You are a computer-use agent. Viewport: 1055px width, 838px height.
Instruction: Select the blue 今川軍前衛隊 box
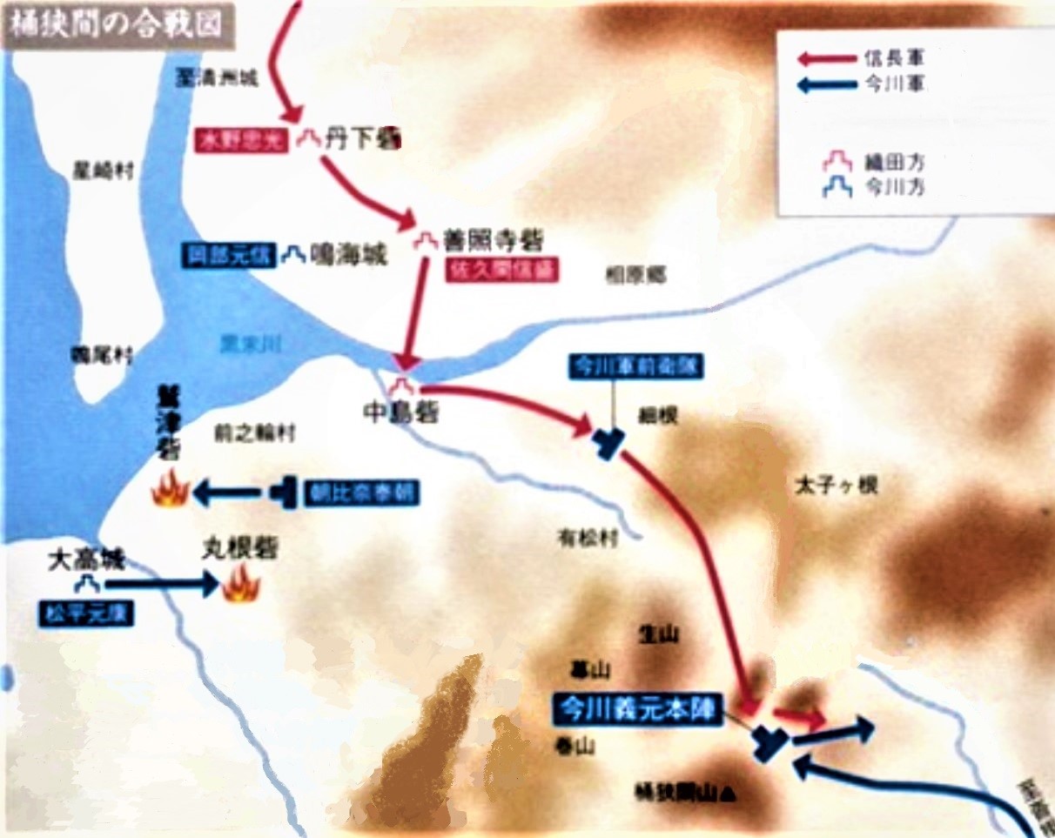(x=636, y=365)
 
